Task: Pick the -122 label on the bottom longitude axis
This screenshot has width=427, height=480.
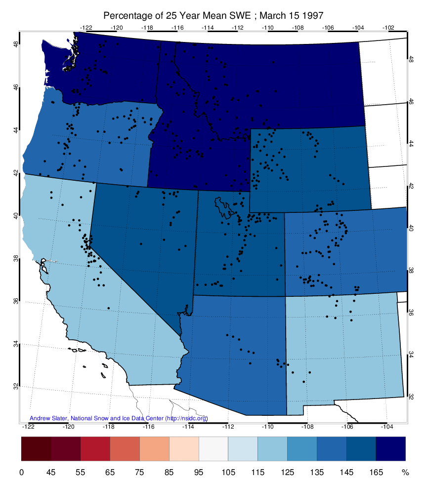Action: (28, 426)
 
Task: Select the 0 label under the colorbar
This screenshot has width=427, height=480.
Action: (22, 472)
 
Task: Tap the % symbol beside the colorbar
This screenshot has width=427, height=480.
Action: (405, 472)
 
